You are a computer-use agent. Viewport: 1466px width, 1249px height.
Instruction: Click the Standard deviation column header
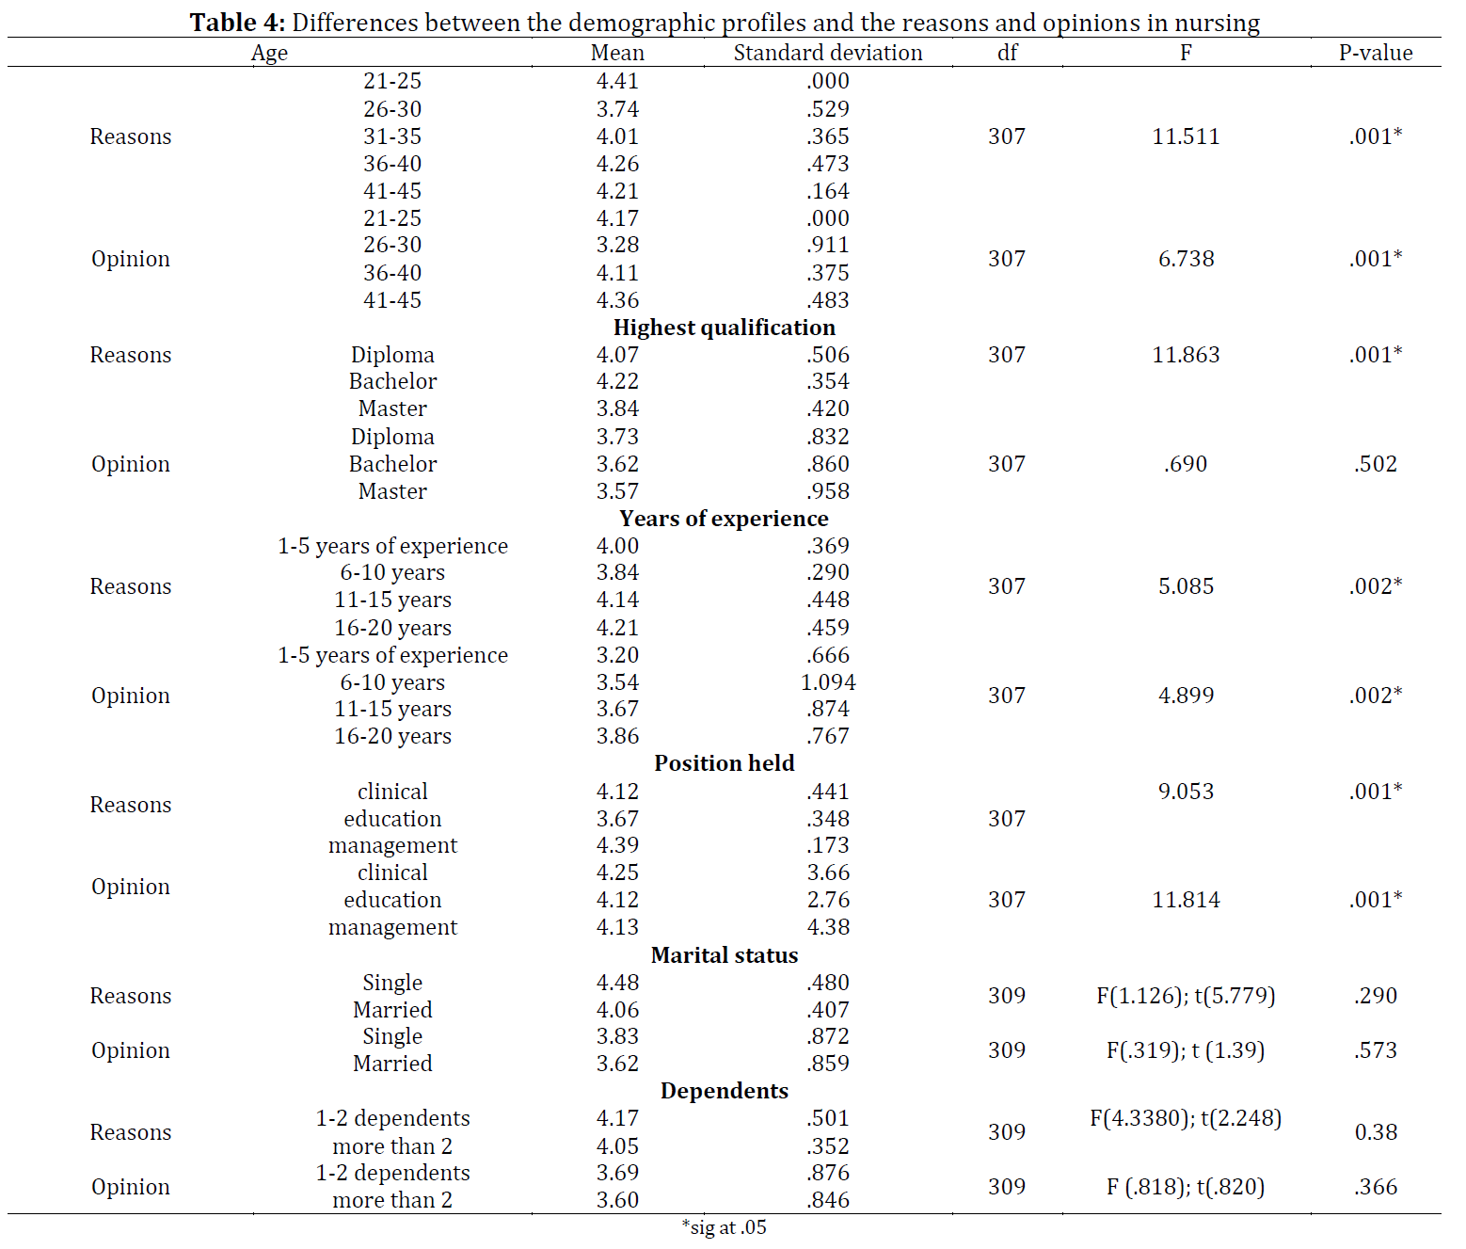click(828, 53)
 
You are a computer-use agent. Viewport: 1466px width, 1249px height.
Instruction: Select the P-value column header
click(1376, 53)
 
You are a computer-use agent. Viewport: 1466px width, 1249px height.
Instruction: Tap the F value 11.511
click(1186, 136)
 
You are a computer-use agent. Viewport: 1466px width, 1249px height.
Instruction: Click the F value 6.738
click(1186, 259)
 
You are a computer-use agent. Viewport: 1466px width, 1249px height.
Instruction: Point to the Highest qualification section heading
click(725, 328)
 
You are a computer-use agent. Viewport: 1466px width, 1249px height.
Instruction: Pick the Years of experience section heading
click(725, 519)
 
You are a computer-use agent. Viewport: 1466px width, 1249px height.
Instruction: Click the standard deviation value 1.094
click(828, 682)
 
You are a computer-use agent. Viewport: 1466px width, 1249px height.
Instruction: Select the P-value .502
click(1376, 464)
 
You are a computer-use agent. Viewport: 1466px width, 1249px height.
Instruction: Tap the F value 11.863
click(1186, 355)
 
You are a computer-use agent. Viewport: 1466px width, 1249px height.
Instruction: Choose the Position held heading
click(725, 763)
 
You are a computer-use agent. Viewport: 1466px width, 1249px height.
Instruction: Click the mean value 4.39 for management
click(617, 845)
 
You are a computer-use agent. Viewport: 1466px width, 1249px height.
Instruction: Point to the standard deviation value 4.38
click(828, 927)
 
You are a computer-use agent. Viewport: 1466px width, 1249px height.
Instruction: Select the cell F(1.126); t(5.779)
click(1186, 996)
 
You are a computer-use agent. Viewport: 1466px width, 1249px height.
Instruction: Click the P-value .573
click(1376, 1050)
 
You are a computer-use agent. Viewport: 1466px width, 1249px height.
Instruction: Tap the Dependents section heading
click(725, 1091)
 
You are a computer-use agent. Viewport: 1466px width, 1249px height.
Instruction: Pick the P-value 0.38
click(1376, 1132)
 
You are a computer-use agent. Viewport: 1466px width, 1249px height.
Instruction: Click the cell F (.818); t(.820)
click(1186, 1187)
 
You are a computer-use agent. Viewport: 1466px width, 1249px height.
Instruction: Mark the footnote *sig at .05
click(725, 1227)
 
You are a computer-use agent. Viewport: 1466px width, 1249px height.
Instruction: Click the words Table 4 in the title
click(236, 23)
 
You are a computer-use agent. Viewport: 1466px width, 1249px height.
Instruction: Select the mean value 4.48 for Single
click(617, 983)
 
